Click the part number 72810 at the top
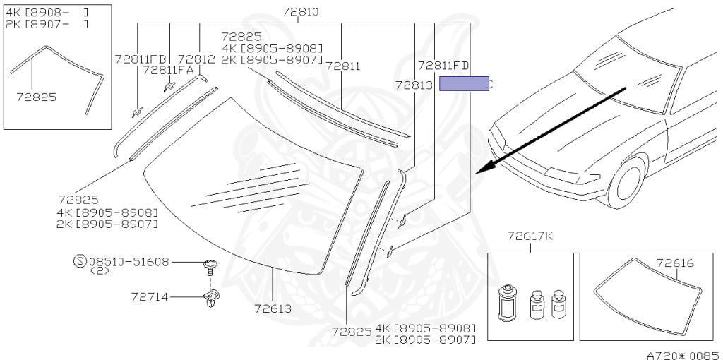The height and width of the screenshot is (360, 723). tap(300, 12)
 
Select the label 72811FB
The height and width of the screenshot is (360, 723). tap(141, 59)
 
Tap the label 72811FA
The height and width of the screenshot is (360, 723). tap(169, 70)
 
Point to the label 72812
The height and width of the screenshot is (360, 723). tap(196, 59)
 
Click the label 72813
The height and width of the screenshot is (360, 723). tap(414, 85)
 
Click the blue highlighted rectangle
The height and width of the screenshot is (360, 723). tap(464, 83)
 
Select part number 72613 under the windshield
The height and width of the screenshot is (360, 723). tap(273, 308)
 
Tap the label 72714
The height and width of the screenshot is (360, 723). tap(150, 297)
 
